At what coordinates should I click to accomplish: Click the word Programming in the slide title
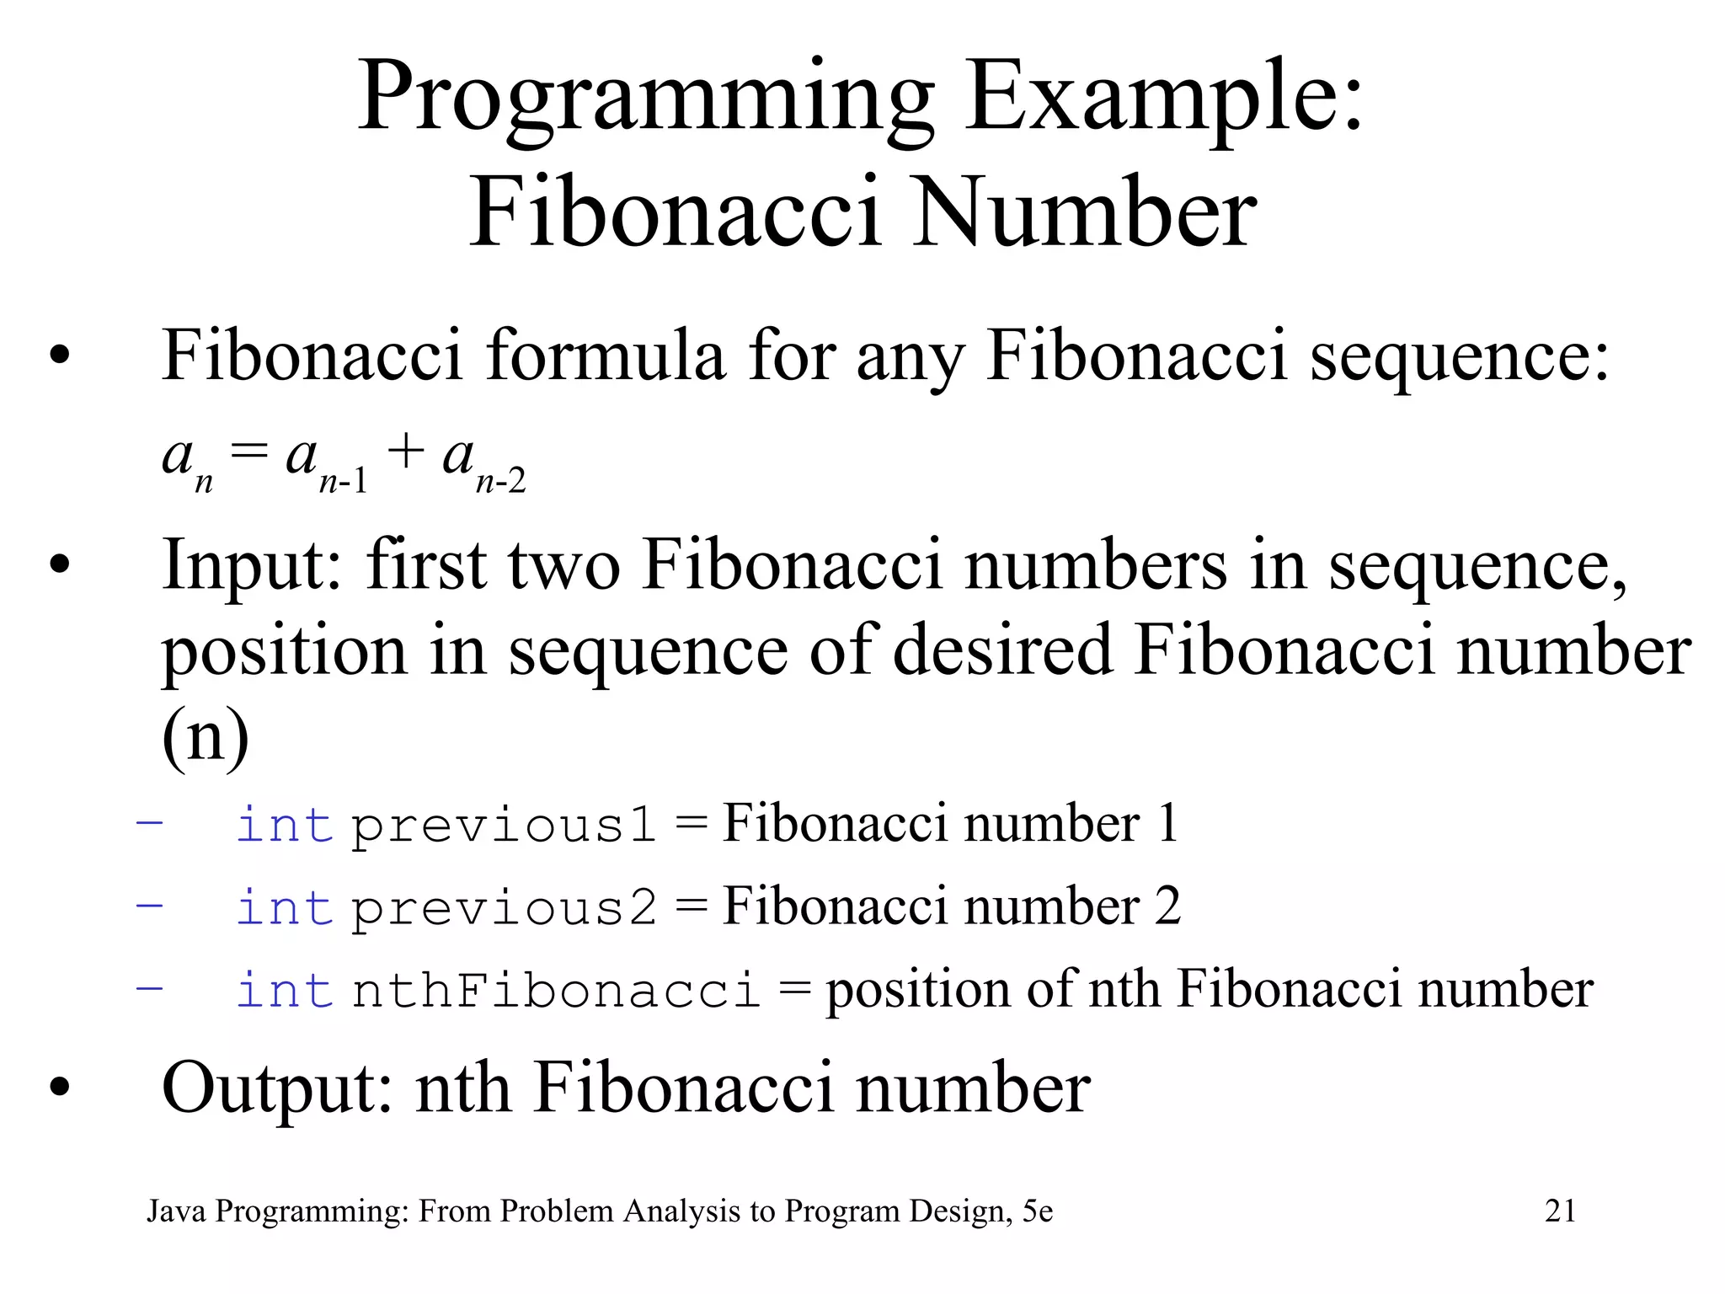pyautogui.click(x=645, y=99)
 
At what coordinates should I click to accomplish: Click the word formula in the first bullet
pyautogui.click(x=604, y=356)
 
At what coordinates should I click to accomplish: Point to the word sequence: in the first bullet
pyautogui.click(x=1459, y=356)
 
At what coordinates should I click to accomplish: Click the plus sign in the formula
pyautogui.click(x=405, y=452)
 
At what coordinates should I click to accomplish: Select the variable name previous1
pyautogui.click(x=503, y=826)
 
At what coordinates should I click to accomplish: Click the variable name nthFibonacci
pyautogui.click(x=556, y=991)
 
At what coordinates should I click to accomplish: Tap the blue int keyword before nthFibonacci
pyautogui.click(x=284, y=991)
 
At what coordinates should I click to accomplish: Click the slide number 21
pyautogui.click(x=1560, y=1211)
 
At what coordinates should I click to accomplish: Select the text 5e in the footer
pyautogui.click(x=1038, y=1211)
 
